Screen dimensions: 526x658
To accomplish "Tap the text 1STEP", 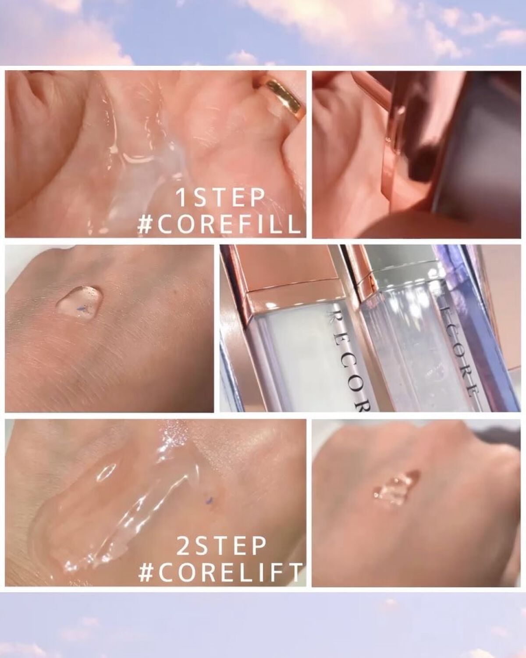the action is (x=220, y=198).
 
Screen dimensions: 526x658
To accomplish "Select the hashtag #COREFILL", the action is (x=220, y=225).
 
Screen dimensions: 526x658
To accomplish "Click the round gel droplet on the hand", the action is (x=79, y=301).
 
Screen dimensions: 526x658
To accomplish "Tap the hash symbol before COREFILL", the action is (x=145, y=225).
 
